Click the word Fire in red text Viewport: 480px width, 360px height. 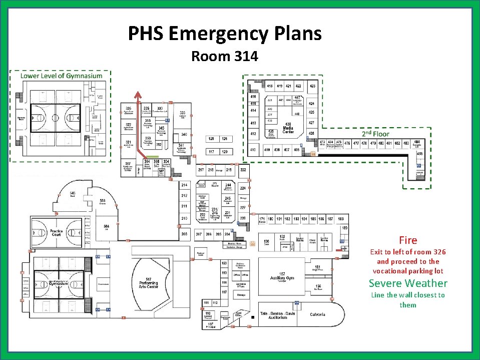click(408, 240)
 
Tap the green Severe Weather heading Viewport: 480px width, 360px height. click(408, 283)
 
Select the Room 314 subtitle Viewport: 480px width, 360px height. click(224, 56)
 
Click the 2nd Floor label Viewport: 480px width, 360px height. click(375, 134)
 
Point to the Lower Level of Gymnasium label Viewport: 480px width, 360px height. click(61, 76)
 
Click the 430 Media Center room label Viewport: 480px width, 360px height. click(288, 128)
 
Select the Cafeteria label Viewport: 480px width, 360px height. click(317, 314)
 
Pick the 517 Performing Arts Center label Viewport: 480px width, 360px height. click(149, 282)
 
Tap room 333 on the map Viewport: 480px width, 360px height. click(183, 115)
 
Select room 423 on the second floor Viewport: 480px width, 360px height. click(312, 86)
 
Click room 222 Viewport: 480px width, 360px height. click(243, 170)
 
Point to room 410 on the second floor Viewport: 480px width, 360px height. click(253, 150)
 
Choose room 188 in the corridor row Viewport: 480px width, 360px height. click(341, 219)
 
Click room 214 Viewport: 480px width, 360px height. click(184, 185)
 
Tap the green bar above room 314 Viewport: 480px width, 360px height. click(151, 157)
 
